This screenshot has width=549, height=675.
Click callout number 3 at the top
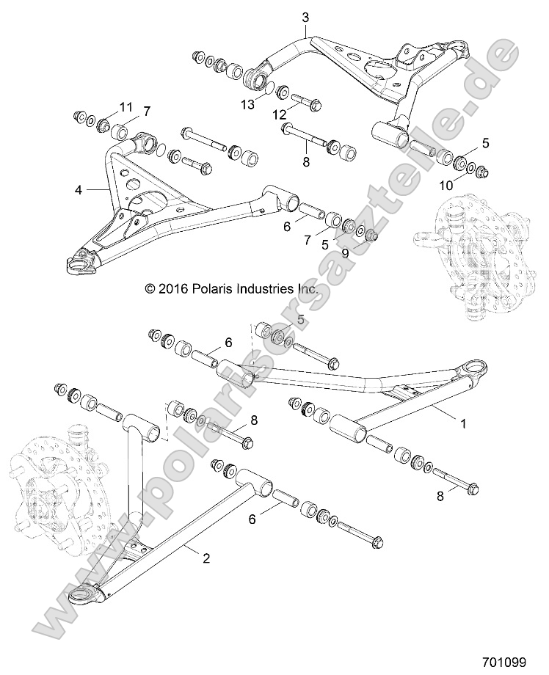click(305, 16)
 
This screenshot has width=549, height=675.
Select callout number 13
click(249, 105)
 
